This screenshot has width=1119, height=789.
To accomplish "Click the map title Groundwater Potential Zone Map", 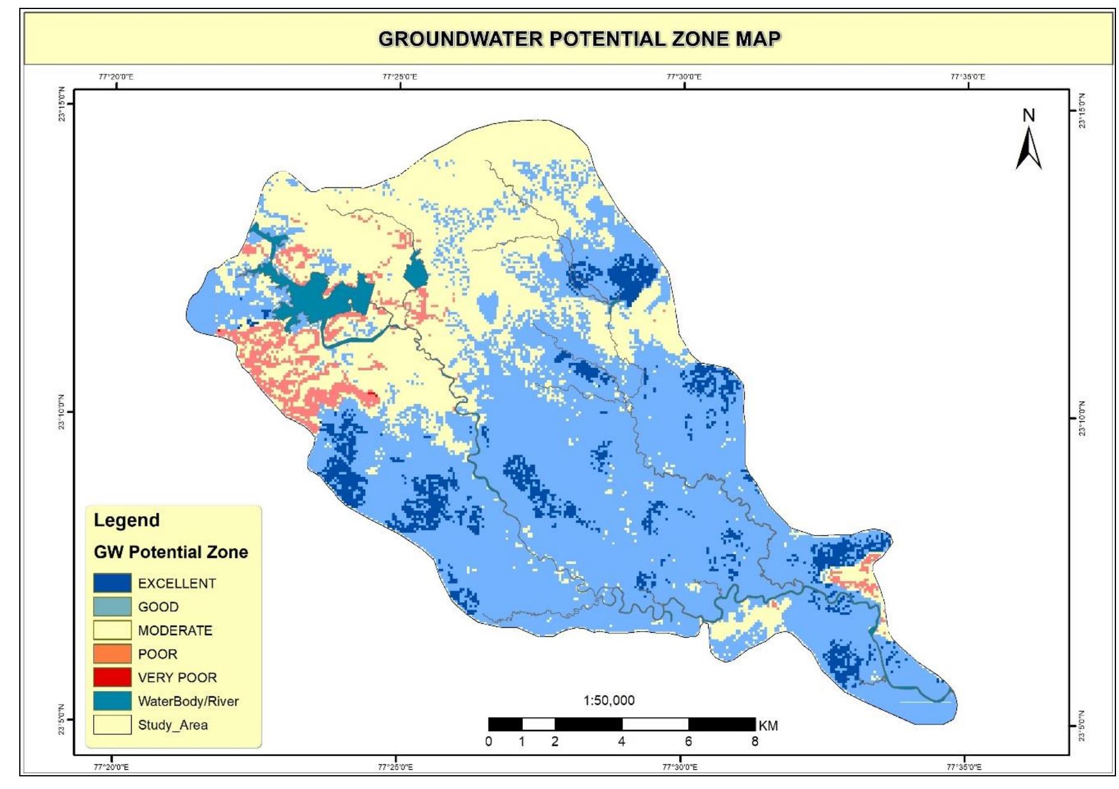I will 579,39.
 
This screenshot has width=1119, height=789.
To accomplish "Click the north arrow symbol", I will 1028,149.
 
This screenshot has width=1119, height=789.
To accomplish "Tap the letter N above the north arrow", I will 1029,115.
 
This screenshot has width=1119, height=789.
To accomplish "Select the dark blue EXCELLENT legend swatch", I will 112,583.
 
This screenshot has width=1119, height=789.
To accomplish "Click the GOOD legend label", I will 158,607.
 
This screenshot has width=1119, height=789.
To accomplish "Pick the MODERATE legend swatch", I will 112,630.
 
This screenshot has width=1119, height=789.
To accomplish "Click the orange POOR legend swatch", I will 112,654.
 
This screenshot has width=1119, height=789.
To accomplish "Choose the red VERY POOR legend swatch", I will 112,677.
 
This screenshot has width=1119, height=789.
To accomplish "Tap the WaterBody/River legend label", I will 188,701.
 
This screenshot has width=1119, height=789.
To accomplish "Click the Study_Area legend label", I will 172,725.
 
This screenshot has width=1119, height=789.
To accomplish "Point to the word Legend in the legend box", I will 126,520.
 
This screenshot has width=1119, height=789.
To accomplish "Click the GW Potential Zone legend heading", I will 171,552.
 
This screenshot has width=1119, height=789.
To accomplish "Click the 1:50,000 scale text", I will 609,700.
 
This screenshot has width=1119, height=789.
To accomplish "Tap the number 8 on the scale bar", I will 754,742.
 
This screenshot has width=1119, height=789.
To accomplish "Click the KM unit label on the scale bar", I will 768,726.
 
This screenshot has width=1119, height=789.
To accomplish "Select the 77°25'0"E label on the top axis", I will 400,77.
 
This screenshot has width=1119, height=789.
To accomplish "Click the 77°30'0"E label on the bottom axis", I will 680,767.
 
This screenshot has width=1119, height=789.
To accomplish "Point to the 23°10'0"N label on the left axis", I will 61,412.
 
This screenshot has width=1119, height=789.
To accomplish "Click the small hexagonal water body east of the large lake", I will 415,271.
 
